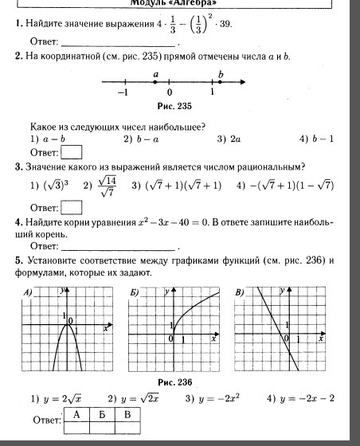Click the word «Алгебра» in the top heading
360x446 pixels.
[194, 3]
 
